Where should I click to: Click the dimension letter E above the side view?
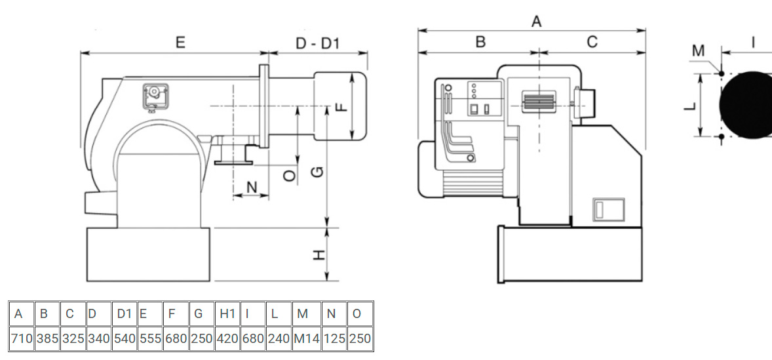click(x=180, y=43)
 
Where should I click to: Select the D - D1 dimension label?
click(x=318, y=43)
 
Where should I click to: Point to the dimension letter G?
click(x=317, y=172)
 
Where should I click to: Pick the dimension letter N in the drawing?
click(x=251, y=188)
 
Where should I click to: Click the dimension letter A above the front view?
click(x=537, y=22)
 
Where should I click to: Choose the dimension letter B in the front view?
click(x=480, y=42)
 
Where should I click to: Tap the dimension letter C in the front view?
click(x=592, y=42)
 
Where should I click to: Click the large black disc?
click(x=747, y=105)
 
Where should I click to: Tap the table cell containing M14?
click(x=302, y=339)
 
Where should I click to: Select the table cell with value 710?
click(x=21, y=339)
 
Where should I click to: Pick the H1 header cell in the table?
click(x=227, y=313)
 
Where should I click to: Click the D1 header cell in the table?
click(x=124, y=313)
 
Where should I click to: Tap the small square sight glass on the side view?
click(x=155, y=96)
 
